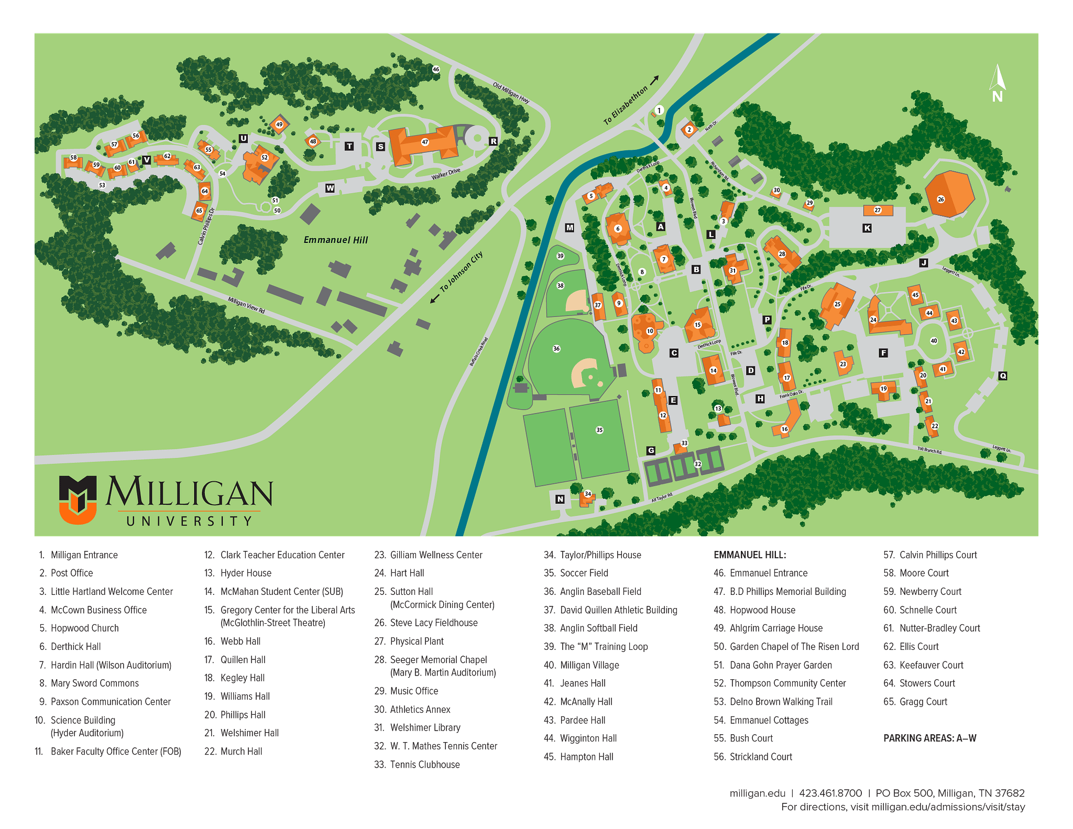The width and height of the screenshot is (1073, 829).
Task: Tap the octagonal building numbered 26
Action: [x=949, y=193]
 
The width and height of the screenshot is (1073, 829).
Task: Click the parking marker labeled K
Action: [x=867, y=228]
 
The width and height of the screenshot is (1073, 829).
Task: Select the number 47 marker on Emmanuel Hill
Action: [x=425, y=142]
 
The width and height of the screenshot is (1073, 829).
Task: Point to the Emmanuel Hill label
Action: [x=336, y=240]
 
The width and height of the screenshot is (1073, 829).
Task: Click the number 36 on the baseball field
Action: [x=556, y=348]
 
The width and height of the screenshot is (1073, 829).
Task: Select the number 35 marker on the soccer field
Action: [x=599, y=430]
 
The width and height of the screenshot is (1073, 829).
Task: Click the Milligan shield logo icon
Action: [x=78, y=500]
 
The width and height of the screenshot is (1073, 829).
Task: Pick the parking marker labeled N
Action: [x=560, y=499]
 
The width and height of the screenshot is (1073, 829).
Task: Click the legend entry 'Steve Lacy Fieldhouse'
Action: [x=433, y=623]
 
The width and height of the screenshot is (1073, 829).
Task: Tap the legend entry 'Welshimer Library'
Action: [x=425, y=727]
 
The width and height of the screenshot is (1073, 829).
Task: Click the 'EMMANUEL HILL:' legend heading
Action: [x=750, y=555]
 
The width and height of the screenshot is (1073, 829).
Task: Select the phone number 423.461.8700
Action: [x=830, y=793]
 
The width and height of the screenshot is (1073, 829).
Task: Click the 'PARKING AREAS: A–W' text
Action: [x=929, y=738]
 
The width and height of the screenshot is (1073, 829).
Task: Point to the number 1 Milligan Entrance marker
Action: [x=659, y=110]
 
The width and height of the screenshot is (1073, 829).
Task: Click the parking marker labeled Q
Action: [x=1002, y=376]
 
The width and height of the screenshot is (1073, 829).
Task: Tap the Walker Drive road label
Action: [x=446, y=174]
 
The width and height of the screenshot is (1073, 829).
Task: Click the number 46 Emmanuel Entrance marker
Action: [x=435, y=69]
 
